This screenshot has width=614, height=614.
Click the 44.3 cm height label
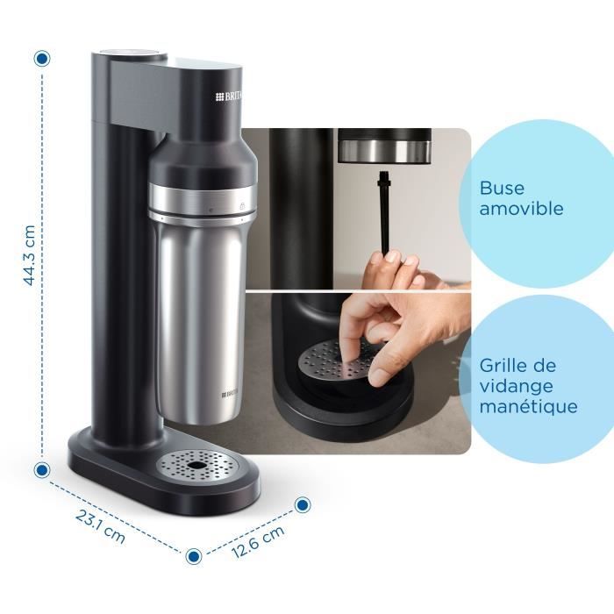coord(30,255)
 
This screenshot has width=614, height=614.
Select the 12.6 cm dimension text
coord(258,541)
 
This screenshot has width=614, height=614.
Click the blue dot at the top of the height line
coord(41,59)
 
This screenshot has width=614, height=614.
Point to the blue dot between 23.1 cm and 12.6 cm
coord(194,555)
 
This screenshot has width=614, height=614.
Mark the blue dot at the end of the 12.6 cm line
coord(303,504)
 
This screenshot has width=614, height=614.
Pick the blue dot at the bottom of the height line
coord(41,469)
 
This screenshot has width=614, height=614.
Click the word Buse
coord(501,189)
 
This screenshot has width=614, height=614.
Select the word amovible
coord(521,210)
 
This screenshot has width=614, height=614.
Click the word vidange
coord(517,386)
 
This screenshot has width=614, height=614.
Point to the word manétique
coord(528,407)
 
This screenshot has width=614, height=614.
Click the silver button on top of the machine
coord(131,54)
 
